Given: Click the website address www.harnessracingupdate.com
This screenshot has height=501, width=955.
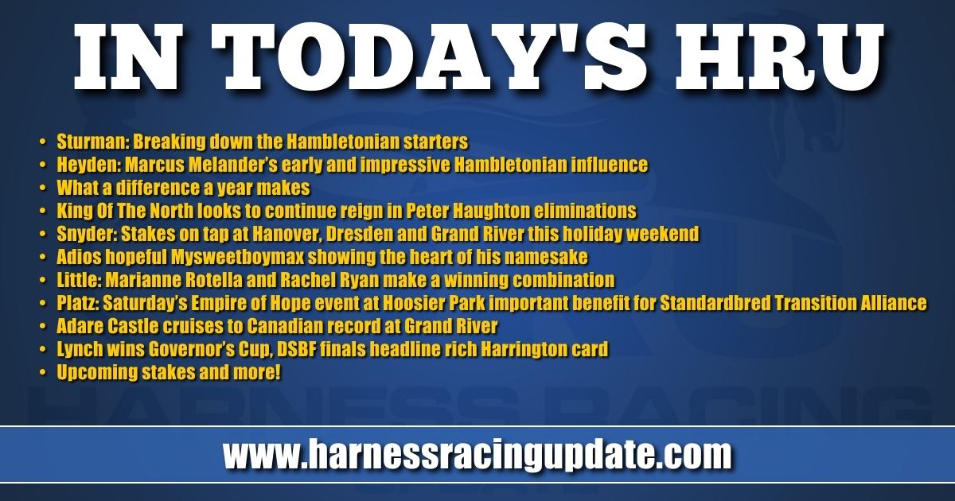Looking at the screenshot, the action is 477,454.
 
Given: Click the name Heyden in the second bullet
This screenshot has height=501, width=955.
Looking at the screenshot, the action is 88,165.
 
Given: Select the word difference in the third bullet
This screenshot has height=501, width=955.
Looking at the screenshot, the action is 158,188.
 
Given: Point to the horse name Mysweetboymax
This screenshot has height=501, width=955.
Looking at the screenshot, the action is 238,257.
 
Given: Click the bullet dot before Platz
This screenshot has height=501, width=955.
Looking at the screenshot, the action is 42,303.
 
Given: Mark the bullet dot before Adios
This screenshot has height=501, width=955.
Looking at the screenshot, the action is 42,258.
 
